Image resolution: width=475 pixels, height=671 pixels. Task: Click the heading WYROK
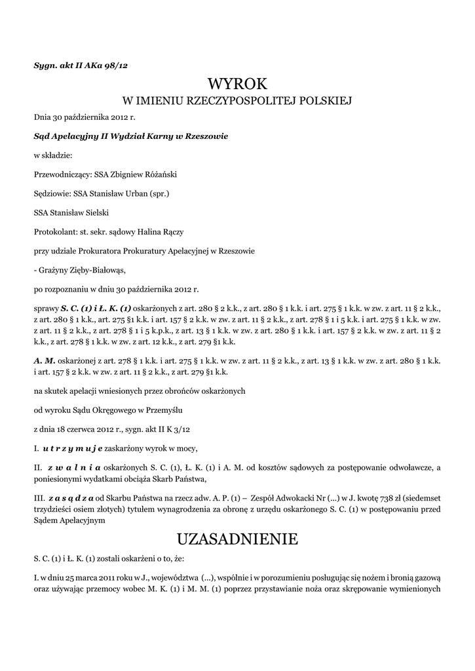point(237,83)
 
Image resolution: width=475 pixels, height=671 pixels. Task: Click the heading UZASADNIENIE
point(237,539)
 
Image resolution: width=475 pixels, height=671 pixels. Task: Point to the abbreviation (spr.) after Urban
point(160,194)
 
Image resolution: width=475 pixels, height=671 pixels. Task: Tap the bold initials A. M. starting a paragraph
point(45,361)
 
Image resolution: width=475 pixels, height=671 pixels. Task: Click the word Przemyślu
point(164,410)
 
